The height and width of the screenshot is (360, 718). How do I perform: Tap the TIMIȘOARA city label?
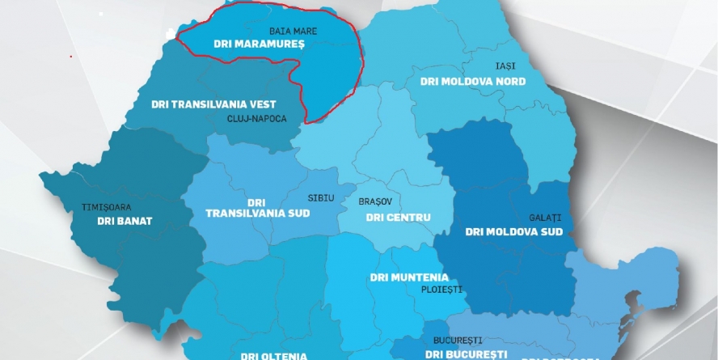[x=106, y=207]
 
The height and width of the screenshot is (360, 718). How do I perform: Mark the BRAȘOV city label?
[x=374, y=201]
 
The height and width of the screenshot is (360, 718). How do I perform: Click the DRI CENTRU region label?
[x=398, y=217]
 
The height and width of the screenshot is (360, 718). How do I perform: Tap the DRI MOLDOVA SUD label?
[x=513, y=231]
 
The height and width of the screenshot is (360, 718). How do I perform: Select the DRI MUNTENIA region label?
[x=409, y=277]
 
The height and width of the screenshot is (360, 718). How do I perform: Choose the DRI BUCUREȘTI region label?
[x=466, y=354]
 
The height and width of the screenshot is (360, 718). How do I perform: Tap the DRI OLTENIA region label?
[x=273, y=355]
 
